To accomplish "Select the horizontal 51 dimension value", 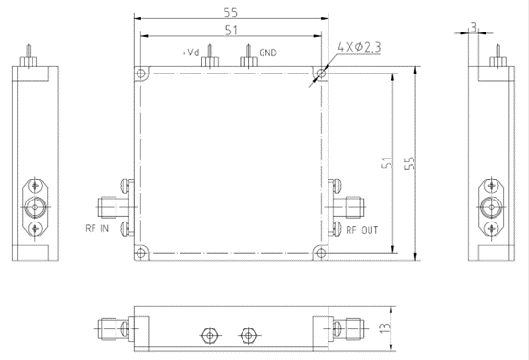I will coord(230,30).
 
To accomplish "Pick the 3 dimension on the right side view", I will coord(475,29).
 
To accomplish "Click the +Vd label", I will coord(189,53).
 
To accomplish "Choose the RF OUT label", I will coord(362,229).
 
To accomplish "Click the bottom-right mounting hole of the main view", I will coord(320,252).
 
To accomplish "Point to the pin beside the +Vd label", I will coord(208,56).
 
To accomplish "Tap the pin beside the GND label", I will coord(249,56).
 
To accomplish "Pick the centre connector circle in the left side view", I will coord(35,206).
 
